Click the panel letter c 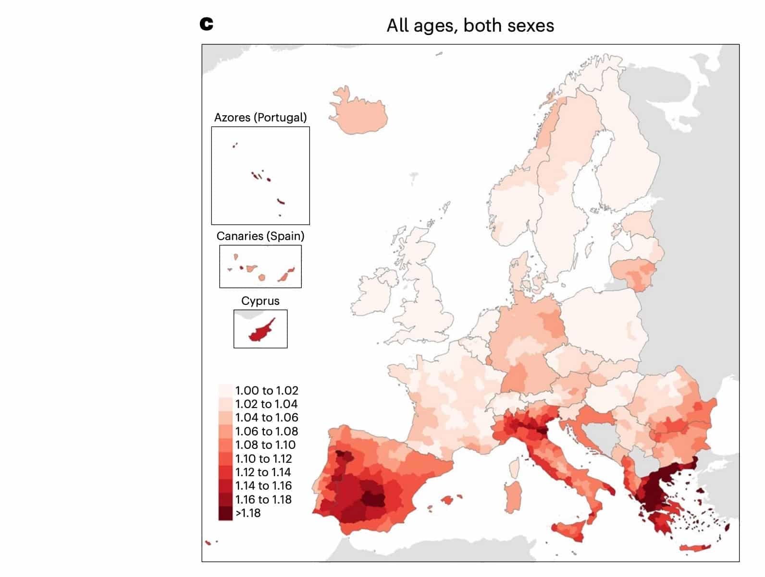pos(206,24)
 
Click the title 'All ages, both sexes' pos(470,25)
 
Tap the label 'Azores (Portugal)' pos(260,118)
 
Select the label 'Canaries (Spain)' pos(260,236)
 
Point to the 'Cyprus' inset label pos(260,301)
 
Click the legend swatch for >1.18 pos(225,513)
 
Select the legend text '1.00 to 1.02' pos(267,391)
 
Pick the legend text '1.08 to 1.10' pos(265,445)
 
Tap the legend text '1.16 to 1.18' pos(263,500)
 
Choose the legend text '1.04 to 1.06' pos(267,418)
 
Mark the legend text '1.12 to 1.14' pos(263,472)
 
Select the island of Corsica pos(515,467)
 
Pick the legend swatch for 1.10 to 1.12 pos(225,459)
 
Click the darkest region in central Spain pos(373,499)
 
